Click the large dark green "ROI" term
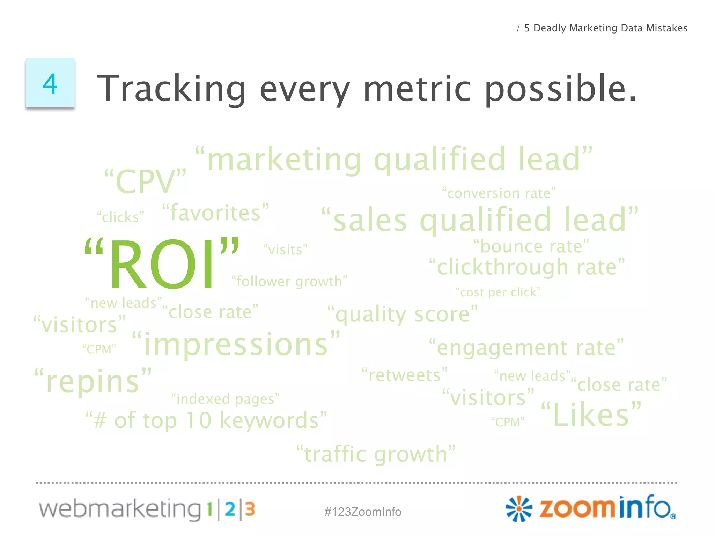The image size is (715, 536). coord(162,264)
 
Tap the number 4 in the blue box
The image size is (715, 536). coord(50,84)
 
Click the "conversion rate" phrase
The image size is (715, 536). coord(499,193)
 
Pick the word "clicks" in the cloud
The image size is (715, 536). coord(120,217)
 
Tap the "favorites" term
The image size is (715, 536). coord(216,213)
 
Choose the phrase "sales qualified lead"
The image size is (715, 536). coord(480,220)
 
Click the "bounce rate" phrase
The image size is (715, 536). coord(531,246)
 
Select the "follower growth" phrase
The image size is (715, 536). coord(289,281)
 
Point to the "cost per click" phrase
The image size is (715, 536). coord(498,292)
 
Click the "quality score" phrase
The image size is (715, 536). coord(403,314)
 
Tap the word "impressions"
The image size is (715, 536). coord(236,344)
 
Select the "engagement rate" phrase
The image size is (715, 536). coord(526,348)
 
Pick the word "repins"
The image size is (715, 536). coord(93,381)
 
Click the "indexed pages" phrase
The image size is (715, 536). coord(226,399)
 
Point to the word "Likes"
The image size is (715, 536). coord(591,415)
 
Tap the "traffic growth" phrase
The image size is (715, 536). coord(376,454)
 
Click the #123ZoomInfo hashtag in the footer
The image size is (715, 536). coord(363,512)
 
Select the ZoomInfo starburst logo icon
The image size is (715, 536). coord(519,509)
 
